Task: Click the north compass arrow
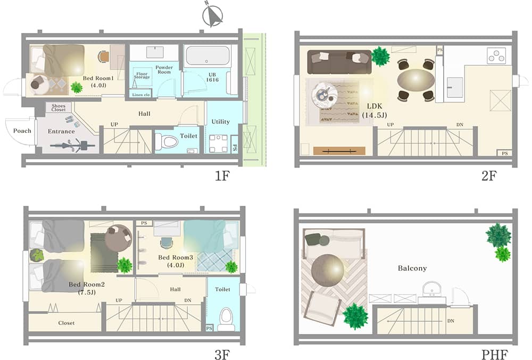[213, 15]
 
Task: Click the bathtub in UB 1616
[207, 56]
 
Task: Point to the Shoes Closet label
[59, 108]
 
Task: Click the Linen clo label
[141, 95]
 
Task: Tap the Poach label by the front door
[22, 131]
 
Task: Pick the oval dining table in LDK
[415, 80]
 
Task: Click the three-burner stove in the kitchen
[496, 56]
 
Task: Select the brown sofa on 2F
[339, 62]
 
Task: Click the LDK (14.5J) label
[374, 111]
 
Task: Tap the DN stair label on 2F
[460, 125]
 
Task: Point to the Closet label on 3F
[66, 323]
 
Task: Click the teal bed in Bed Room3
[210, 236]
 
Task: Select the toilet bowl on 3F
[226, 319]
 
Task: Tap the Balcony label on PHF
[412, 268]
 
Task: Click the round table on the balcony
[327, 271]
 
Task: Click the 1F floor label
[222, 176]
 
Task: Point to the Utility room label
[221, 122]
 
